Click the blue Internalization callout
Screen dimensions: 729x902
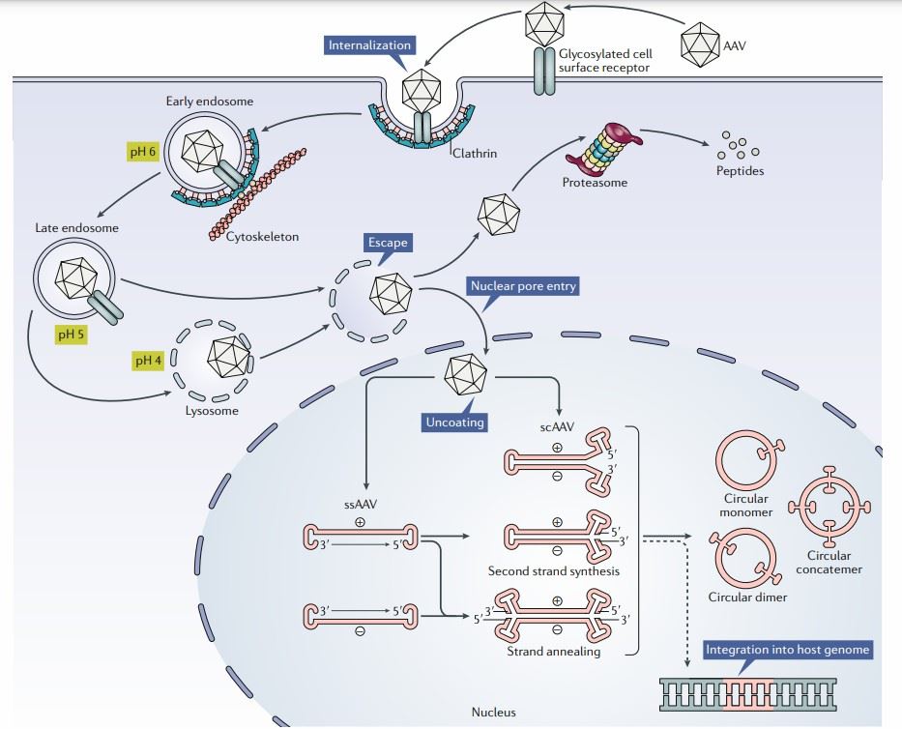370,45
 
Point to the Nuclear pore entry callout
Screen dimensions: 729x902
523,286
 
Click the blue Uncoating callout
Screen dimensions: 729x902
452,422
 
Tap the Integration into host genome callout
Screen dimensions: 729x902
788,650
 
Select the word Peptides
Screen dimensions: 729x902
741,171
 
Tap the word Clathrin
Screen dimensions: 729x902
474,152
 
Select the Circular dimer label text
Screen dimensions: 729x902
746,597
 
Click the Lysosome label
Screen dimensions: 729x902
211,410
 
